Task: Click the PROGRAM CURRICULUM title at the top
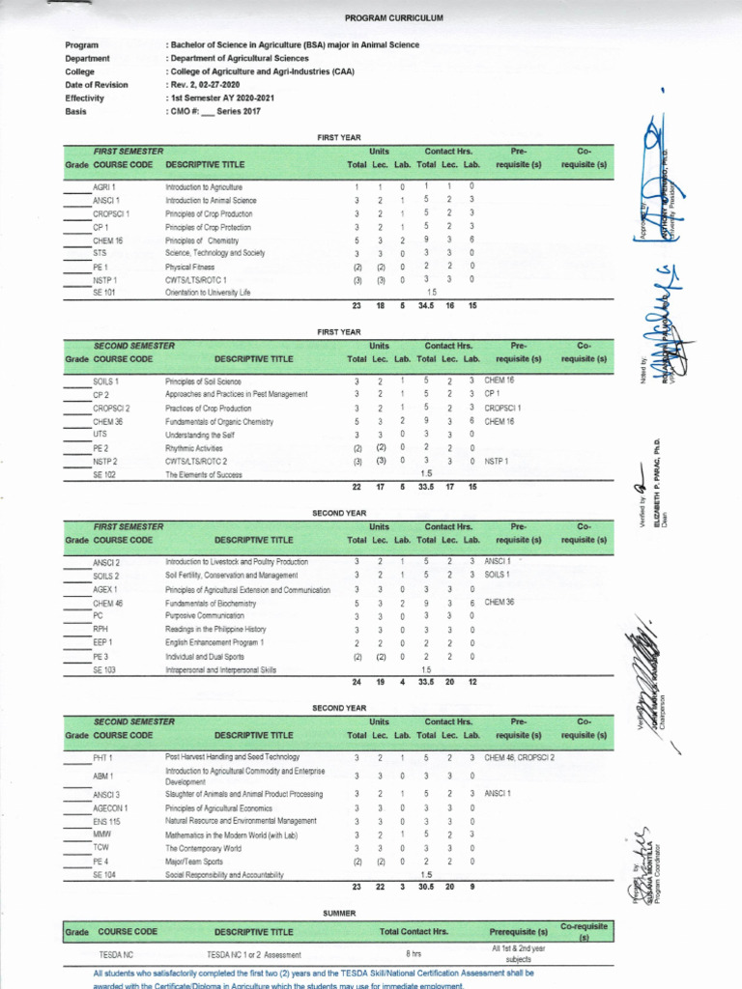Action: pos(380,18)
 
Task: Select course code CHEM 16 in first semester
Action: pos(107,240)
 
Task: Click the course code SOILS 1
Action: pos(106,381)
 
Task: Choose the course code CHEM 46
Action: pos(107,603)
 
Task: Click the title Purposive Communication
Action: pos(205,615)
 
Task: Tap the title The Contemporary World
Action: pos(203,848)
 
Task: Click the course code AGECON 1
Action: pos(110,807)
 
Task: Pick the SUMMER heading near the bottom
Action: pos(339,913)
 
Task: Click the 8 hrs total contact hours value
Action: pos(414,953)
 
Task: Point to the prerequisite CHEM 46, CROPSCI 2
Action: pos(519,757)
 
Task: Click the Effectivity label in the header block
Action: pos(84,99)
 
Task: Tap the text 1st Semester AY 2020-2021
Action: pos(223,99)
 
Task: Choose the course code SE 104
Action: pos(103,875)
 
